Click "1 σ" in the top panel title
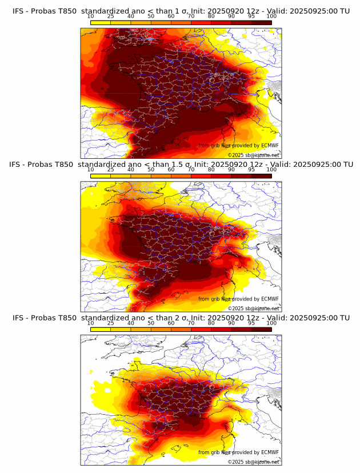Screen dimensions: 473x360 pos(182,10)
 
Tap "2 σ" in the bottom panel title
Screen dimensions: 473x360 pos(182,318)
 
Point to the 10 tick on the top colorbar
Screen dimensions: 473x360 pos(91,17)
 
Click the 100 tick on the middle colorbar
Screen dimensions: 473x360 pos(271,170)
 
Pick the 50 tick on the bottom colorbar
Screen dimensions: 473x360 pos(151,323)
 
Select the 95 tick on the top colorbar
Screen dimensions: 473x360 pos(251,17)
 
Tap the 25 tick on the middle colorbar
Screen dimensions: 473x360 pos(111,170)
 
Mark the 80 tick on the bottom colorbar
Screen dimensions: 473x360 pos(211,323)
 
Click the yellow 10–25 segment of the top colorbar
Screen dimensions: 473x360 pos(101,23)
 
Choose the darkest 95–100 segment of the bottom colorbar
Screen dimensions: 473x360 pos(261,330)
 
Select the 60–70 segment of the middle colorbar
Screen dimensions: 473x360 pos(181,176)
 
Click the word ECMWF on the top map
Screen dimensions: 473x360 pos(269,146)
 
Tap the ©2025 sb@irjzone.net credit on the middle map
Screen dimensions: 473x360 pos(253,308)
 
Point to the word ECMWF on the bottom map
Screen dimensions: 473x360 pos(269,452)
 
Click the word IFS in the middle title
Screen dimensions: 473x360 pos(19,165)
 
